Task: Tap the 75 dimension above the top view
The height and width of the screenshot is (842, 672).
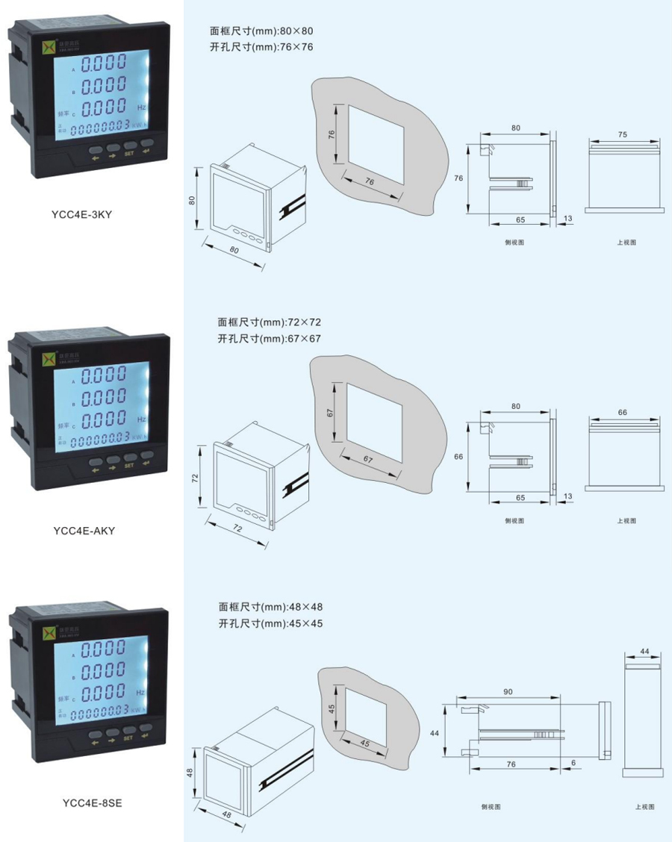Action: [623, 134]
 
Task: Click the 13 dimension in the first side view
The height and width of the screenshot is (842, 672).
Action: [568, 219]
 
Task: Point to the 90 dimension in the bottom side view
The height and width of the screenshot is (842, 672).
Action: [508, 692]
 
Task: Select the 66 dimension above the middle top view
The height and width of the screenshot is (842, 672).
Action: [623, 412]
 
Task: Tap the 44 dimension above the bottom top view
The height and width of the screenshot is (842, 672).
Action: [644, 652]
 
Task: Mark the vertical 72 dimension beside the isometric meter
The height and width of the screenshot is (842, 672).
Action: [196, 478]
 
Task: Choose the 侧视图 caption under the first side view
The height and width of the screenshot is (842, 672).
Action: [514, 242]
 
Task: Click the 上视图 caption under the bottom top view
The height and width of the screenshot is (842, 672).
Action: [644, 807]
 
